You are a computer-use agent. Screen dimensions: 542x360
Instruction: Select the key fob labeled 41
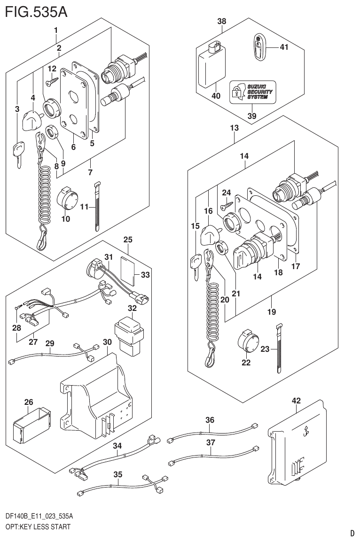tap(258, 47)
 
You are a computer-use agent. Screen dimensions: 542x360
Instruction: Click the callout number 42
tap(296, 401)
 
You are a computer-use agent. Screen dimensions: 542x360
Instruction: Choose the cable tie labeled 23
tap(279, 348)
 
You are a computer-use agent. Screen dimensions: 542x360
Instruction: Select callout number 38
tap(222, 22)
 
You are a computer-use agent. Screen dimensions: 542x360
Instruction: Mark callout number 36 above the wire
tap(210, 420)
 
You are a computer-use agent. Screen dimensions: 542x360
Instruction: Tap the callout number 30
tap(107, 342)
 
